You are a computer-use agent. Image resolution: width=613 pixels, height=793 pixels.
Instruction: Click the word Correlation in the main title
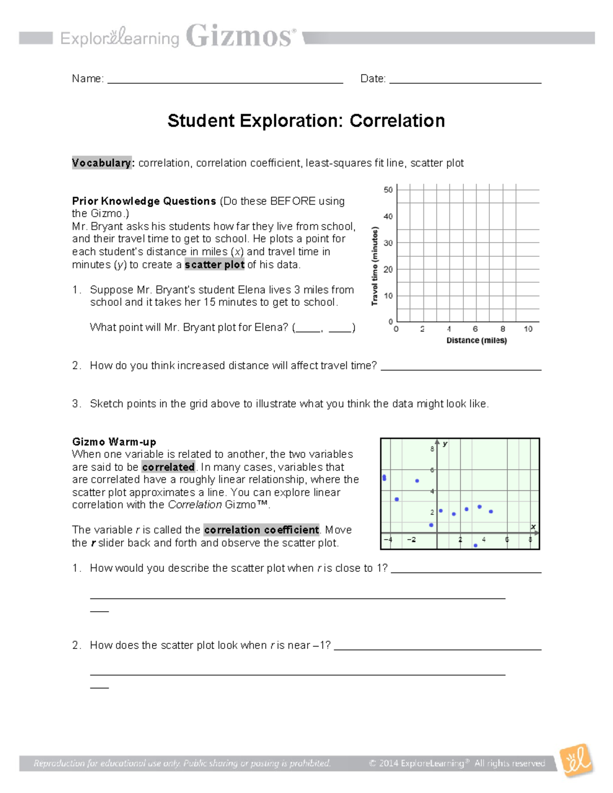point(397,121)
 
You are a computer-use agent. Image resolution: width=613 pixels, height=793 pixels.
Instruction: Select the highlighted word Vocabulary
point(102,163)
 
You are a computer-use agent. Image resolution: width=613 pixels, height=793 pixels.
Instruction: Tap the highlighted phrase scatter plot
point(215,265)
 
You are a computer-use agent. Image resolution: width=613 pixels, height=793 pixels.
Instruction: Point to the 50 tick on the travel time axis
point(388,190)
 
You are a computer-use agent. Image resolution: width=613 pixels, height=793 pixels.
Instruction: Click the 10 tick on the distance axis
point(528,329)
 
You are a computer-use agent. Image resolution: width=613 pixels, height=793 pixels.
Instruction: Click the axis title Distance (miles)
point(477,341)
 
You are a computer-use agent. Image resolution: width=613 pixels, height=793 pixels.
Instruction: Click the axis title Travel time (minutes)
point(375,266)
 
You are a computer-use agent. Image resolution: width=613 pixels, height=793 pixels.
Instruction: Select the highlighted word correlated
point(169,467)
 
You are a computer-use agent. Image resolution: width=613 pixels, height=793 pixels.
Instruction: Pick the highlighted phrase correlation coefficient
point(262,530)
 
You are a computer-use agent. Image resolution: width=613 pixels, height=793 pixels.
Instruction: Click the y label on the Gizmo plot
point(445,444)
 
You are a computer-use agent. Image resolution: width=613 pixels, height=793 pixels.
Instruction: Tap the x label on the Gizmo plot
point(533,526)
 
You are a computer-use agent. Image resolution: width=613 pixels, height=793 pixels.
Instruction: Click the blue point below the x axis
point(476,545)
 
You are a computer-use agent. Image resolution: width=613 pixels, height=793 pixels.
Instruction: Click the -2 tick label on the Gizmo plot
point(411,540)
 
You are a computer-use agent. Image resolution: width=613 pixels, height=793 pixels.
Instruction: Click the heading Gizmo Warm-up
point(114,442)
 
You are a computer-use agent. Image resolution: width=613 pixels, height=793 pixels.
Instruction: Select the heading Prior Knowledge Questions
point(144,201)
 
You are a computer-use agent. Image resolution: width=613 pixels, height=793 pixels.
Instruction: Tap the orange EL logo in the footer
point(577,761)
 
